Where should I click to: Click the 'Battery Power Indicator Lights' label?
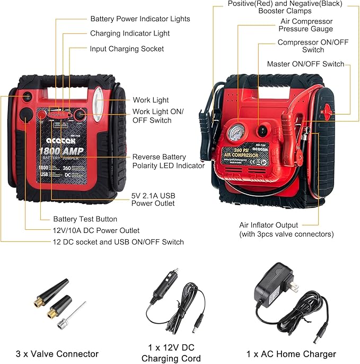point(140,19)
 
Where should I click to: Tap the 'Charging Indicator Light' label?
point(130,33)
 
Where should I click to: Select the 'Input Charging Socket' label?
point(127,49)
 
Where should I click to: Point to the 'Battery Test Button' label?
point(85,219)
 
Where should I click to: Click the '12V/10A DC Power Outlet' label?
point(96,230)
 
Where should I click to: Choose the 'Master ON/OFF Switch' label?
point(305,64)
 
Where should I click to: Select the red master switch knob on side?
point(327,111)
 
